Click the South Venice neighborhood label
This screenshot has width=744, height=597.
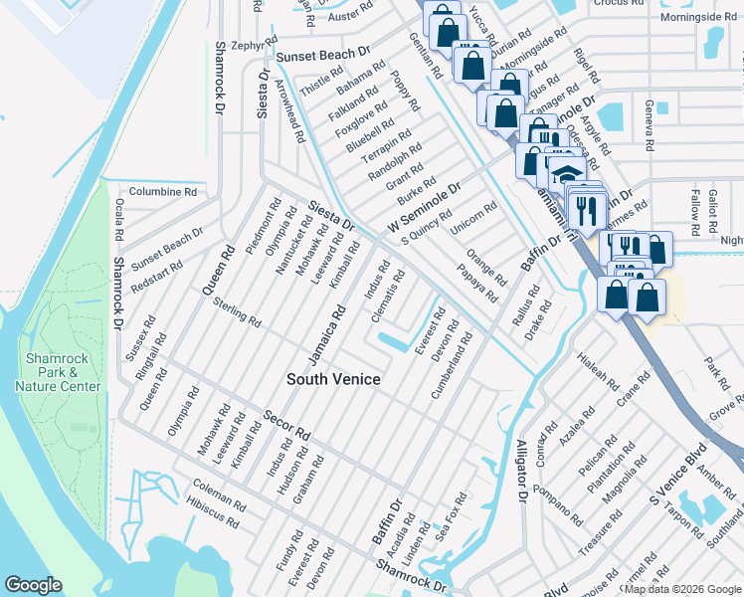point(334,379)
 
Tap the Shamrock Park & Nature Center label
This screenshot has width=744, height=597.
point(63,372)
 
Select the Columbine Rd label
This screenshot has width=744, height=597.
point(163,191)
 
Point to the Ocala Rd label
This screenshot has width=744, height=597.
point(118,221)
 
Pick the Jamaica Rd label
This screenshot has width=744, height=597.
point(326,335)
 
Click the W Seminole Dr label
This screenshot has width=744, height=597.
point(426,209)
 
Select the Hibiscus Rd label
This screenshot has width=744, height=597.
point(211,512)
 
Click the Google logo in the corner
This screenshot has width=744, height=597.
point(33,585)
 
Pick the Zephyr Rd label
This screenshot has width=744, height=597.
point(250,45)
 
